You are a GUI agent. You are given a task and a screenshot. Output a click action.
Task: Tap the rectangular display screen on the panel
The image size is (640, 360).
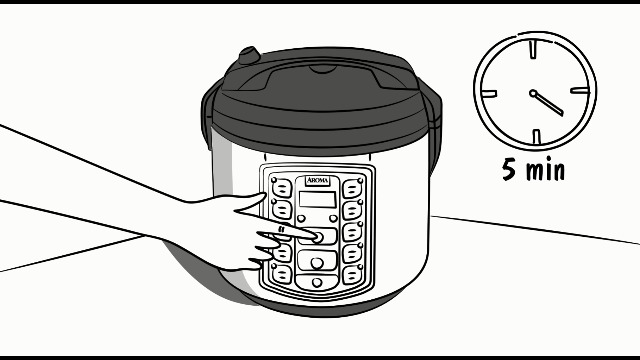click(x=317, y=199)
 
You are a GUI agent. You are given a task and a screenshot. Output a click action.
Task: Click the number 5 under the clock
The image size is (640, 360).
click(x=510, y=169)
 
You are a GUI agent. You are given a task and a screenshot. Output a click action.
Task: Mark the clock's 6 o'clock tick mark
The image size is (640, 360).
click(x=535, y=137)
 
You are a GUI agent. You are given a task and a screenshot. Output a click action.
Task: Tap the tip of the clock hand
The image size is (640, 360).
click(x=562, y=112)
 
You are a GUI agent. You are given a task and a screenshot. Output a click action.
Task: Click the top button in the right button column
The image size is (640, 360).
click(x=351, y=188)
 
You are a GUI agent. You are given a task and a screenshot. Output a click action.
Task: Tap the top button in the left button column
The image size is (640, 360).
click(x=281, y=187)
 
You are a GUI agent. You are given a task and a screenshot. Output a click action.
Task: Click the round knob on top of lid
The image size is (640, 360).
click(x=247, y=52)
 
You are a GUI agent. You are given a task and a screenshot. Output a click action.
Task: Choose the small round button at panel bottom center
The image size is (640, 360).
click(x=317, y=283)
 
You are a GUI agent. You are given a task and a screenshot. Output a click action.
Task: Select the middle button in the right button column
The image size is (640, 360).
click(x=351, y=231)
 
